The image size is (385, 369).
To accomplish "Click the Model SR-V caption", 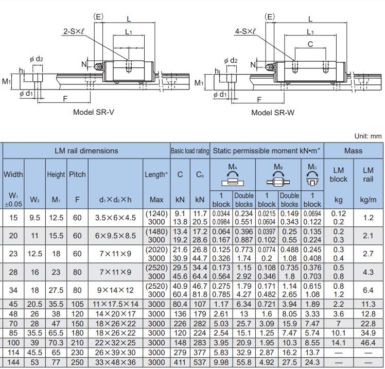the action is [x=94, y=112].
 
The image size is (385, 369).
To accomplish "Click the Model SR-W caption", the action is [x=273, y=113].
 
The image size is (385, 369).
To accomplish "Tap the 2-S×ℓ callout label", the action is [x=74, y=31].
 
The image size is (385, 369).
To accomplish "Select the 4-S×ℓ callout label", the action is [x=246, y=31].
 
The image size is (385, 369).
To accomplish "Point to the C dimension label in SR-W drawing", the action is [x=310, y=44].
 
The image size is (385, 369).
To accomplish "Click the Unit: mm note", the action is [x=368, y=136].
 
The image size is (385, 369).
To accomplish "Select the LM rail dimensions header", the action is [x=86, y=151].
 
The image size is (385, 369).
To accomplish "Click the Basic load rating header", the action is [x=190, y=151].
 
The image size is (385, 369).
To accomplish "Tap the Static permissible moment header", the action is [x=267, y=151].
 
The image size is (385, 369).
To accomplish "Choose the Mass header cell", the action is [x=353, y=151].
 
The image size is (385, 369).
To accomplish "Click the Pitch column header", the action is [x=77, y=174].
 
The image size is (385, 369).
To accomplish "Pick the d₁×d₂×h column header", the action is [x=115, y=200].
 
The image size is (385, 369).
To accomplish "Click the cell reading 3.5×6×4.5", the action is [x=115, y=218].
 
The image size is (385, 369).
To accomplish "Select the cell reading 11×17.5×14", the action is [x=115, y=304].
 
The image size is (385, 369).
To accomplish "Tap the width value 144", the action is [x=13, y=362].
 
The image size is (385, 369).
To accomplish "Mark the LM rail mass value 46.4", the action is [x=368, y=343].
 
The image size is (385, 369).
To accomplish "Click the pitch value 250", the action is [x=77, y=362].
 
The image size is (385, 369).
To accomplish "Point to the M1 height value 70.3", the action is [x=56, y=343].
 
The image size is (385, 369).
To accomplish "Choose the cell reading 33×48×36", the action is [x=115, y=362].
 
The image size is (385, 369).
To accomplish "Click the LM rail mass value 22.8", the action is [x=368, y=324].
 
